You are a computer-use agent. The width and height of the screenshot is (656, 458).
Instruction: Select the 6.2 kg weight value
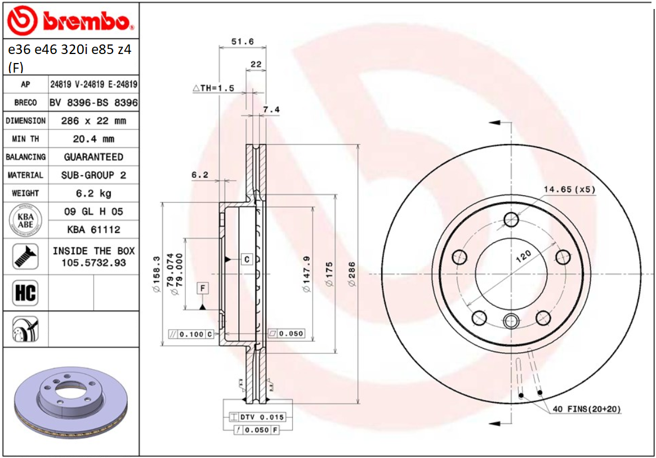[93, 193]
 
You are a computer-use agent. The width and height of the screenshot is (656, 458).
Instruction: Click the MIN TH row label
[25, 138]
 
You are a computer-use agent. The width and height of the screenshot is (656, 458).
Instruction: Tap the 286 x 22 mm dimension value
[93, 120]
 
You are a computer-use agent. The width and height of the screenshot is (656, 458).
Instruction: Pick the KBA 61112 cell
[93, 230]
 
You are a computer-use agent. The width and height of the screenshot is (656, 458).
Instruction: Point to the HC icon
[25, 293]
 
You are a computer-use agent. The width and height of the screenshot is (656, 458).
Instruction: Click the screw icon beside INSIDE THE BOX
[25, 257]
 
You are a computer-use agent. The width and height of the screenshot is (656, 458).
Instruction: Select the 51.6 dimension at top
[243, 42]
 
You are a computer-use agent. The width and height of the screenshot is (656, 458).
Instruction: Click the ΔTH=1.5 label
[213, 88]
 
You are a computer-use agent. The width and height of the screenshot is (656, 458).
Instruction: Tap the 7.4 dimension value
[271, 109]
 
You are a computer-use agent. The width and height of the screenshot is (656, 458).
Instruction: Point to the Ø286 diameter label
[352, 274]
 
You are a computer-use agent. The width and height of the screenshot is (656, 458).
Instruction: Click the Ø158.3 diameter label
[156, 274]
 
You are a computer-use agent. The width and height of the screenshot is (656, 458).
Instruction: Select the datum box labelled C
[247, 259]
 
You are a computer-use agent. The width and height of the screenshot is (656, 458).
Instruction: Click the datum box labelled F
[203, 289]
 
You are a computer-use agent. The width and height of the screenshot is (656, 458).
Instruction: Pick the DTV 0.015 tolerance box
[257, 417]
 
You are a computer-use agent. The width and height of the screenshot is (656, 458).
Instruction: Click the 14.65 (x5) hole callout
[569, 189]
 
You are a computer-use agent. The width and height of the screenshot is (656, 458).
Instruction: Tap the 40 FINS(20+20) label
[587, 409]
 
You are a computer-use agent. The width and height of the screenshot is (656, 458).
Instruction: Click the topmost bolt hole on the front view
[511, 219]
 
